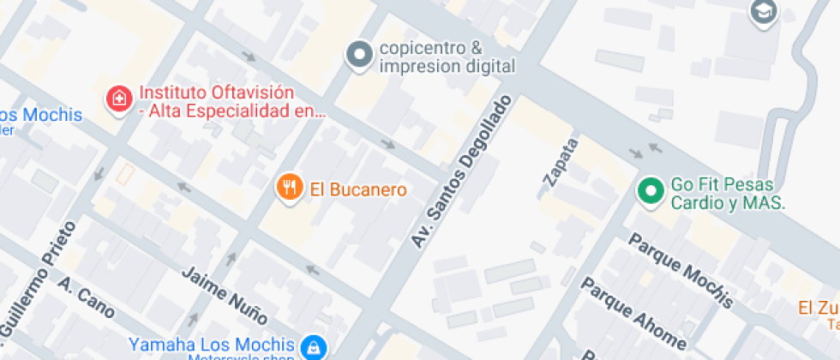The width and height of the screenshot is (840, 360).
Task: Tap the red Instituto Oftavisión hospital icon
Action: click(x=118, y=99)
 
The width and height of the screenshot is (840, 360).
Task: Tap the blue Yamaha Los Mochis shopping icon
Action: click(x=315, y=346)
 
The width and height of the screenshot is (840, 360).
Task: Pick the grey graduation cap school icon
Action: click(x=760, y=12)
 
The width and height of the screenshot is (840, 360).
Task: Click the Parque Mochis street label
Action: click(x=681, y=269)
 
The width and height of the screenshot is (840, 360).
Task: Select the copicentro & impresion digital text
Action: click(x=447, y=57)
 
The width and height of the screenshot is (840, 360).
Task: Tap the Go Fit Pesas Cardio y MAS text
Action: click(x=728, y=194)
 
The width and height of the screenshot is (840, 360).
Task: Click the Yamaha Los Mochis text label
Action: click(x=211, y=345)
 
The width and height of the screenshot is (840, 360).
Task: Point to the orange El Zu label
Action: click(x=819, y=309)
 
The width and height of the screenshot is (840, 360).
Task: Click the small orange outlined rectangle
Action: click(x=126, y=174)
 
